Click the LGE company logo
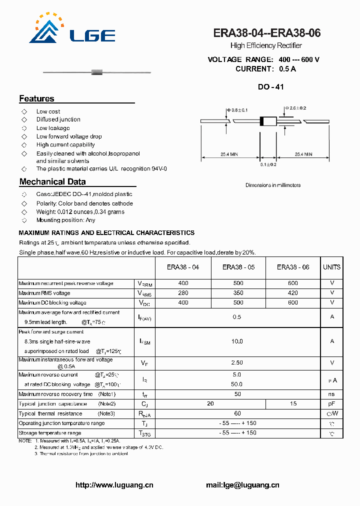coord(72,30)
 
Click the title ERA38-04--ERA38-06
coord(266,33)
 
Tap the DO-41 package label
coord(270,87)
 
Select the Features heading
coord(36,98)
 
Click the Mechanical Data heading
coord(52,182)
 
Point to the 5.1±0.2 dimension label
coord(268,164)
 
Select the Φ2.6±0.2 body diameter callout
coord(296,108)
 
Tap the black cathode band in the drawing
coord(261,121)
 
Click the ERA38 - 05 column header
coord(238,267)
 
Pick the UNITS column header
coord(331,267)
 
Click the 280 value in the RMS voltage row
coord(183,293)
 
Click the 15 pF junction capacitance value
coord(293,403)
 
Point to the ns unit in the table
coord(331,394)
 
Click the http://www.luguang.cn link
coord(114,485)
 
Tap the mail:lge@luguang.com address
coord(242,485)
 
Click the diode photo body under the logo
coord(97,73)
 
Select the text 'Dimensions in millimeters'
coord(273,185)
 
